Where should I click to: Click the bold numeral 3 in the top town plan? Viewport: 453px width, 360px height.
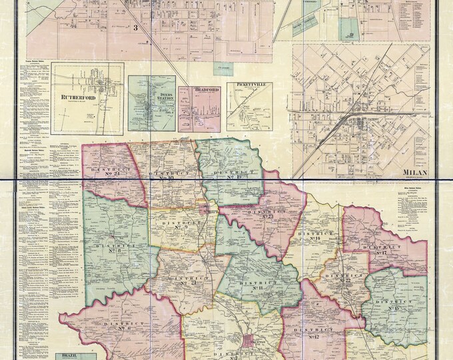135,27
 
